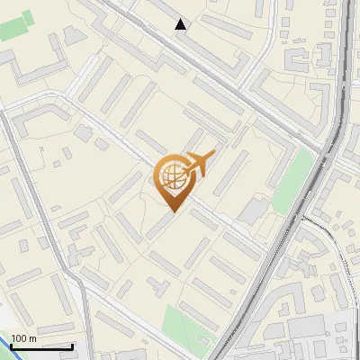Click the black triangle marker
pyautogui.click(x=181, y=24)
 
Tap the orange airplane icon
pyautogui.click(x=199, y=164)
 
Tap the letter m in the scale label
pyautogui.click(x=32, y=338)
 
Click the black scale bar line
pyautogui.click(x=40, y=346)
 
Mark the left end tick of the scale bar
pyautogui.click(x=10, y=346)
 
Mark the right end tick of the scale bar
pyautogui.click(x=72, y=346)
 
